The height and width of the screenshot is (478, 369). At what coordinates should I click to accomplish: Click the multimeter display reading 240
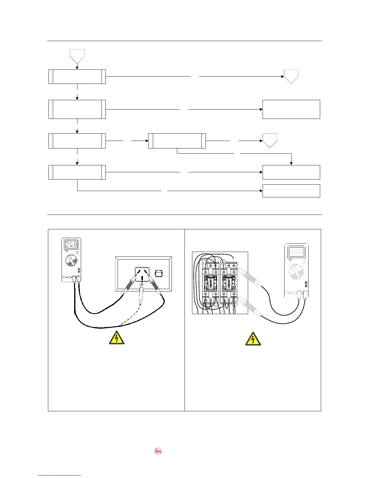pos(71,244)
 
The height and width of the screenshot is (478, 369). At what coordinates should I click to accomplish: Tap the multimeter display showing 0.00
pos(296,251)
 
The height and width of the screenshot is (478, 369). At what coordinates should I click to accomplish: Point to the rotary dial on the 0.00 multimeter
pos(296,272)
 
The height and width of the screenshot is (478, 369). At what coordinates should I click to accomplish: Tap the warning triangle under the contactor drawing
pos(253,339)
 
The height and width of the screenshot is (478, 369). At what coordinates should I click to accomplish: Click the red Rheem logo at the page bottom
pos(158,451)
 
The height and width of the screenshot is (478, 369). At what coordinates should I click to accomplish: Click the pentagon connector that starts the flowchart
pos(77,56)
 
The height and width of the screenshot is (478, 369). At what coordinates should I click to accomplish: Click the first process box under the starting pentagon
pos(77,77)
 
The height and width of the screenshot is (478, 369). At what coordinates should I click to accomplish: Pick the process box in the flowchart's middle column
pos(177,141)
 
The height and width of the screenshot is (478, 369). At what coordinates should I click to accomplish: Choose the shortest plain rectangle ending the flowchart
pos(291,191)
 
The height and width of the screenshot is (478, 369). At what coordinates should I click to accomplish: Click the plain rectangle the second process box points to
pos(291,109)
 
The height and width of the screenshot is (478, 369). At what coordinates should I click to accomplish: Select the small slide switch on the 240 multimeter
pos(79,270)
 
